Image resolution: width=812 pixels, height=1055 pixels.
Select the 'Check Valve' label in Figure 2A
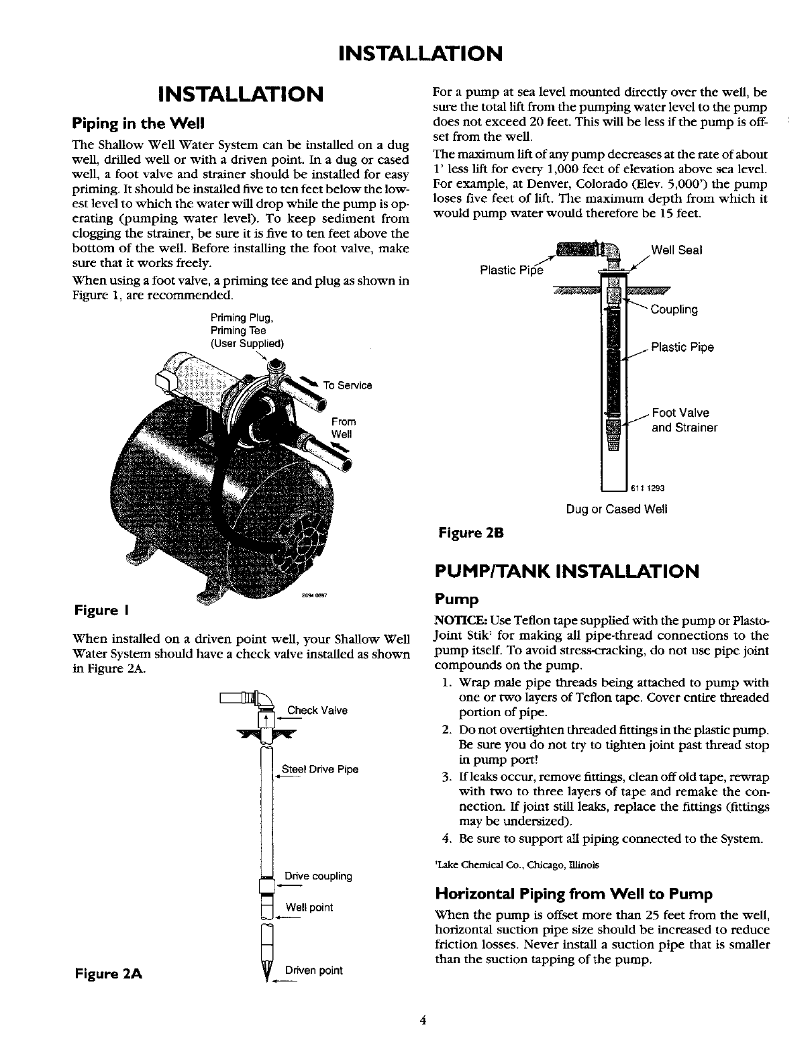(317, 711)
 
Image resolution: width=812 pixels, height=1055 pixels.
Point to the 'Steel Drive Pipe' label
(320, 769)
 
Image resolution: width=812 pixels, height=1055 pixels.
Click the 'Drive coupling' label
(318, 876)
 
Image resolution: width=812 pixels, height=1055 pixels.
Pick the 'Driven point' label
(313, 970)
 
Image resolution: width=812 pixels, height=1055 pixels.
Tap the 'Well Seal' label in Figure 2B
(676, 250)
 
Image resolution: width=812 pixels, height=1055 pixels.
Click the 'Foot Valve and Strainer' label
(684, 420)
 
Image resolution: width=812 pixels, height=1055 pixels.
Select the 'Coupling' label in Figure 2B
(674, 309)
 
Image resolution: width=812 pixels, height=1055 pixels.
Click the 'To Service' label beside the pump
(347, 385)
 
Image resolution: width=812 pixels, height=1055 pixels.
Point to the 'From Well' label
(343, 428)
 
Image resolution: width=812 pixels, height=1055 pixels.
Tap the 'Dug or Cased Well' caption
(617, 509)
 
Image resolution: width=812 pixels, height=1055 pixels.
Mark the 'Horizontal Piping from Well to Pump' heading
(574, 894)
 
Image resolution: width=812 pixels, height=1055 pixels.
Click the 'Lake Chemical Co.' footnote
(517, 864)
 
